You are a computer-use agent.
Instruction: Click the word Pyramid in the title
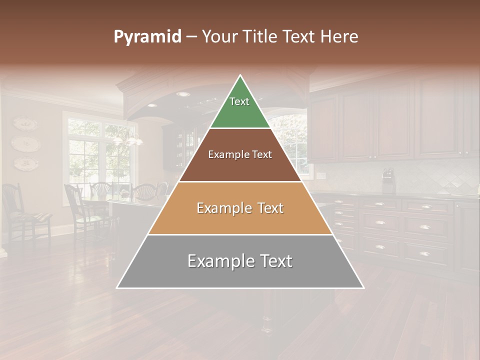[x=147, y=37]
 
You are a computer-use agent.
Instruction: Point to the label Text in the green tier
[x=239, y=101]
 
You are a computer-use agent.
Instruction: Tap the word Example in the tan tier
[x=223, y=208]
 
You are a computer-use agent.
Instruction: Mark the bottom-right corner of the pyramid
[x=363, y=287]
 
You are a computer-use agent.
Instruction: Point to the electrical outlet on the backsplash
[x=320, y=175]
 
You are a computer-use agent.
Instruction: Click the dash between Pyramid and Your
[x=191, y=37]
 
